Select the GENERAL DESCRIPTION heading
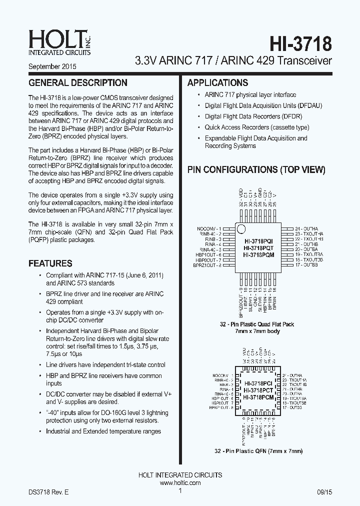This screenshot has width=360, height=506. point(78,83)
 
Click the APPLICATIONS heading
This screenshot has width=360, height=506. point(217,83)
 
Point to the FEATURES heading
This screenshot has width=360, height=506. point(50,263)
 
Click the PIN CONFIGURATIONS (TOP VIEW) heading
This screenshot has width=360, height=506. point(256,170)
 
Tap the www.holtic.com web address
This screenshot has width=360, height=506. point(180,483)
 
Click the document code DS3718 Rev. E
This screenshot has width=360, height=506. point(48,492)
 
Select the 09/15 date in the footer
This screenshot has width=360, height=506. point(323,492)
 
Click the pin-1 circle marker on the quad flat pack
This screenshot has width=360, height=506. point(241,229)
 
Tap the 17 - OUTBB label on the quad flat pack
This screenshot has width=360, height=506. point(306,265)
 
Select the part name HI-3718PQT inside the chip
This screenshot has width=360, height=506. point(258,248)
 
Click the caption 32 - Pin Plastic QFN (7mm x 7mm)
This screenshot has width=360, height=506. point(258,451)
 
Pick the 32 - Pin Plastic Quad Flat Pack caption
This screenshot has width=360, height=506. point(257,324)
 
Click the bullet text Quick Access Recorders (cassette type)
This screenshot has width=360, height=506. point(257,127)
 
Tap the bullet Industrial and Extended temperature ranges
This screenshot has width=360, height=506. point(103,431)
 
